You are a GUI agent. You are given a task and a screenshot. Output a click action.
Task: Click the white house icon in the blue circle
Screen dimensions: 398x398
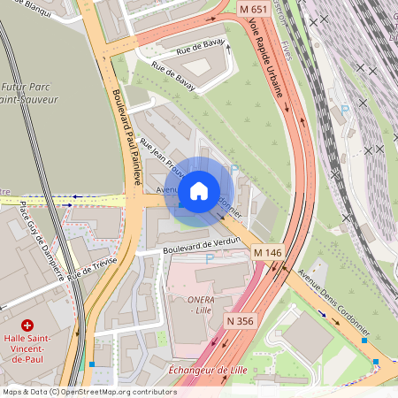coord(199,190)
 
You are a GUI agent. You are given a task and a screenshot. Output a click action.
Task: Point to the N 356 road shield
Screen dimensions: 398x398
coord(241,320)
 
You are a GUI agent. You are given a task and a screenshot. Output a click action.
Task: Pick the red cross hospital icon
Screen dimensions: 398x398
coord(27,325)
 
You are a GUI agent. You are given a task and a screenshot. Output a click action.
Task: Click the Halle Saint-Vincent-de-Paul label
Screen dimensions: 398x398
coord(28,349)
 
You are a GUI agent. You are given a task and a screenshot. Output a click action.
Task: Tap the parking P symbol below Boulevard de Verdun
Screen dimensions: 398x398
coord(210,259)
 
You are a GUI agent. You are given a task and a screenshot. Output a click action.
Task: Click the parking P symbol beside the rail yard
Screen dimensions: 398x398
coord(345,108)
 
